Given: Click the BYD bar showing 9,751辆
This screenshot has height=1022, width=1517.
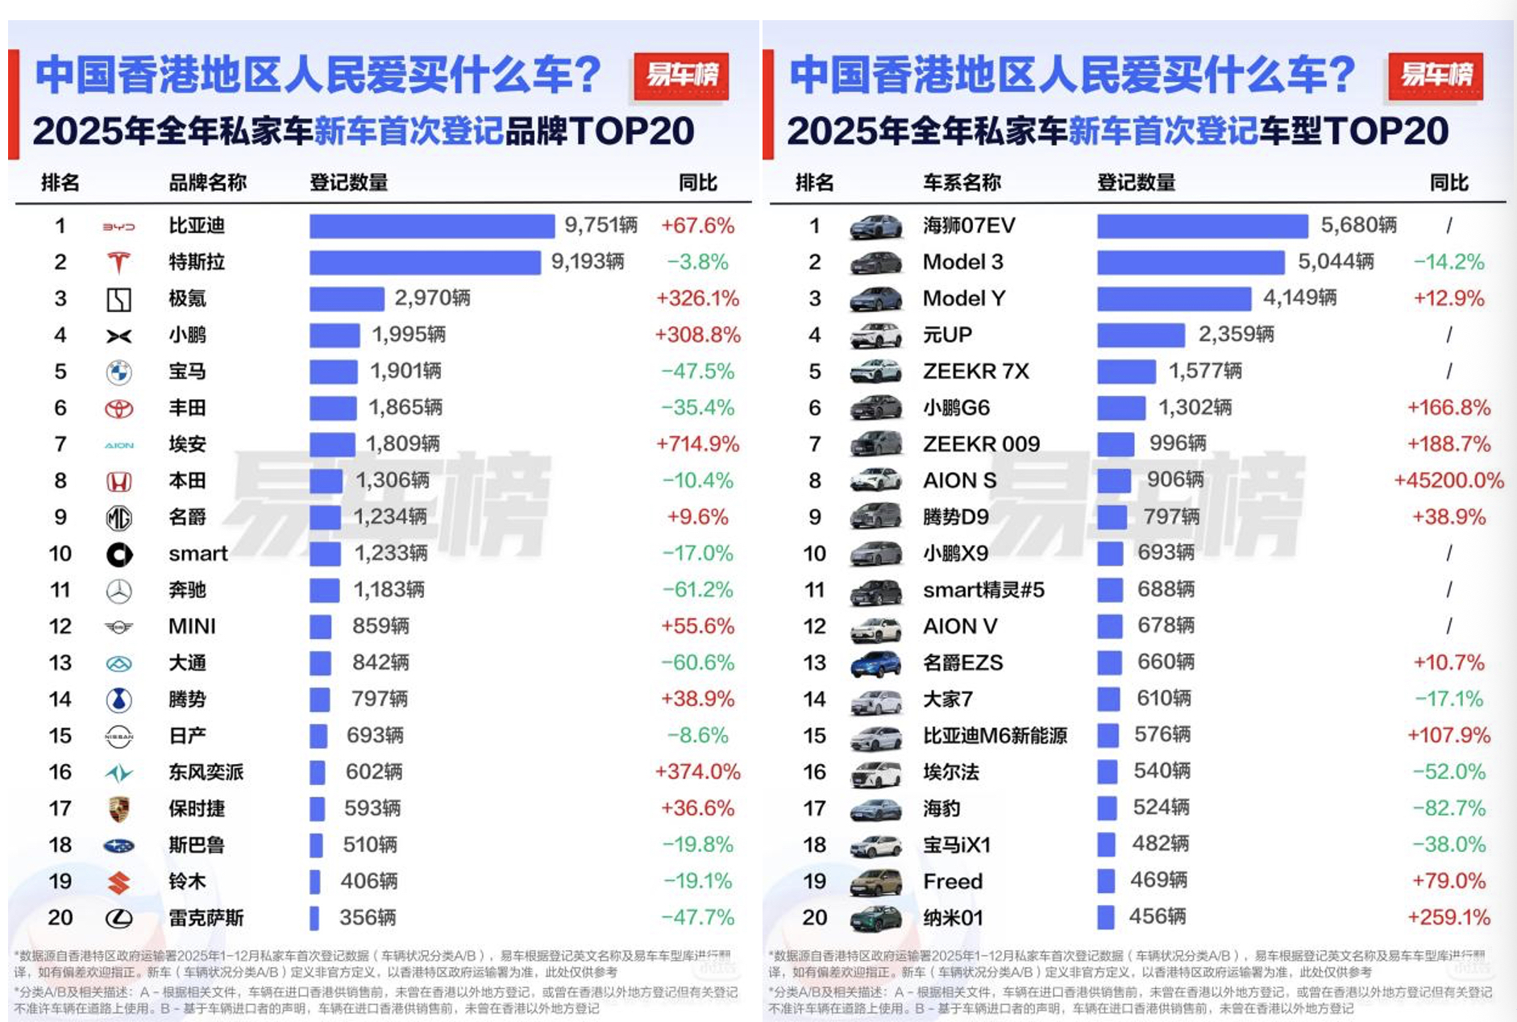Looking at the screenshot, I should click(431, 226).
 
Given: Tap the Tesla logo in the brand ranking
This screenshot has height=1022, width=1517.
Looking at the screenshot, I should click(118, 263).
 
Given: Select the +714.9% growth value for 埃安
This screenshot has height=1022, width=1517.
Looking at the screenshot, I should click(697, 444).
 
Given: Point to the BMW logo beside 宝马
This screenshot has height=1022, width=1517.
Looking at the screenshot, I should click(118, 372).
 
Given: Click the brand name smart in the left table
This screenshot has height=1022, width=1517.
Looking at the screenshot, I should click(197, 554).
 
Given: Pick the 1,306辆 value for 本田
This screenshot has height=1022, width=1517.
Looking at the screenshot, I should click(393, 480).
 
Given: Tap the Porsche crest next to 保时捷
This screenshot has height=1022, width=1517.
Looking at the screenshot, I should click(118, 809).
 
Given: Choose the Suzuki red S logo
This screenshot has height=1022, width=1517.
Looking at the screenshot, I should click(118, 883).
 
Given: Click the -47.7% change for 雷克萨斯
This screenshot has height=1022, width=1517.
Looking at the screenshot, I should click(697, 918).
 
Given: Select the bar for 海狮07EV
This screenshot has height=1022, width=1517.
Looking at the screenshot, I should click(1202, 226).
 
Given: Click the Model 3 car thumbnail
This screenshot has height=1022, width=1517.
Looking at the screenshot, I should click(875, 263).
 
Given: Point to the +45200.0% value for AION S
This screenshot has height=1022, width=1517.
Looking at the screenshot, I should click(1448, 480).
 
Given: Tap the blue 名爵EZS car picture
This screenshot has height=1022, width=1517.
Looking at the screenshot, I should click(875, 663).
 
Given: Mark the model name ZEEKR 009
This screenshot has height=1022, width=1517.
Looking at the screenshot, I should click(981, 444).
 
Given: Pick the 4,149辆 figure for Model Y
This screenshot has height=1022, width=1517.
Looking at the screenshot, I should click(1299, 298).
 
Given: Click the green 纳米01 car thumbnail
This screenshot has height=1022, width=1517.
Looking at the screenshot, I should click(875, 918).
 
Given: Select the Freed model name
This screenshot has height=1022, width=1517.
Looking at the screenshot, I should click(952, 882).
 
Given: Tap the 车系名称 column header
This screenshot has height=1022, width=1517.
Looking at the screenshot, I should click(962, 183).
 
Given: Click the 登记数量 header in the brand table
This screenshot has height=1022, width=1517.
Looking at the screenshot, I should click(348, 183).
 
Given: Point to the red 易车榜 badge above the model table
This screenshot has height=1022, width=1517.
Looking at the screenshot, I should click(1436, 76).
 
